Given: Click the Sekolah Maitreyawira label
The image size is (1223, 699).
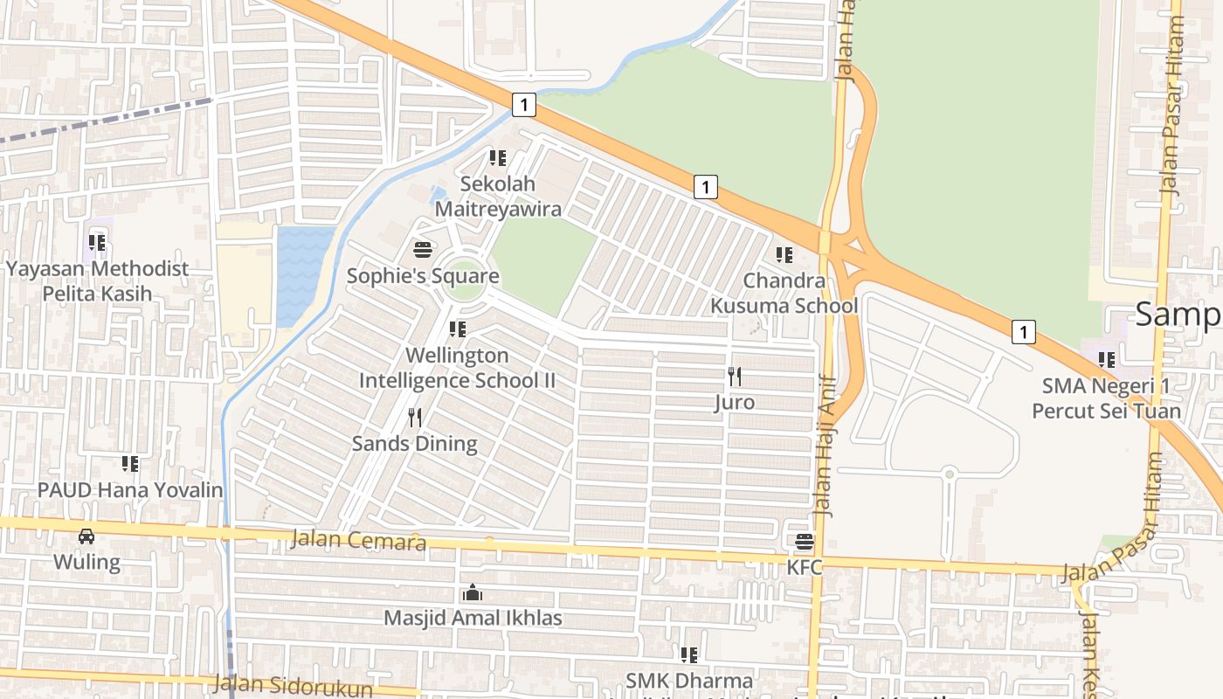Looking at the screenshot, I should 498,197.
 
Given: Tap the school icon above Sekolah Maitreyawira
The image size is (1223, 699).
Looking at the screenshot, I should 498,158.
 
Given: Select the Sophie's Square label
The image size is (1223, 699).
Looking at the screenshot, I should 423,276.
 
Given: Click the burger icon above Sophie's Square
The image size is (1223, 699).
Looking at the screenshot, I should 423,251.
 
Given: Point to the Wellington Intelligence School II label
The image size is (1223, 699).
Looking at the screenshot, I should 457,368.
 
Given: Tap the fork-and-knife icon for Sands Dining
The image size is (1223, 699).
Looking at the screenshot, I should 415,418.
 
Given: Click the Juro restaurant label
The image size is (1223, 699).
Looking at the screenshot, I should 735,403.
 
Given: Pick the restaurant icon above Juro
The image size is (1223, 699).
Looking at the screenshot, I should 735,377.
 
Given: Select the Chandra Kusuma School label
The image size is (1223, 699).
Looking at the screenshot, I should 784,294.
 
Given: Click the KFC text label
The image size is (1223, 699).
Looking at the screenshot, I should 805,567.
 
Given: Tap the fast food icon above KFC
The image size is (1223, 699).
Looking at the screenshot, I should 805,542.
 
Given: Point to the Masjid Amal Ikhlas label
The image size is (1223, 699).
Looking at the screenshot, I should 473,619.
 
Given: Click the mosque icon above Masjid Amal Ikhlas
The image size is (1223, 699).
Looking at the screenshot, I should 473,593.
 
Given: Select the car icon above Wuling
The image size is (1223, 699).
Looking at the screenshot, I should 86,536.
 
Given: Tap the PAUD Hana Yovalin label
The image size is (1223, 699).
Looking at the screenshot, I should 130,489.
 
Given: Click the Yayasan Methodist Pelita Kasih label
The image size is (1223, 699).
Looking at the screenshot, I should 97,280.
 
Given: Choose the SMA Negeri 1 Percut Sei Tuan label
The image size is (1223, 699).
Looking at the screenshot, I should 1106,398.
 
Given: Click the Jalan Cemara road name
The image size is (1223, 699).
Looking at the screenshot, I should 358,540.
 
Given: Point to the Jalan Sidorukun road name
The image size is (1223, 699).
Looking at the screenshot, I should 292,686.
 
